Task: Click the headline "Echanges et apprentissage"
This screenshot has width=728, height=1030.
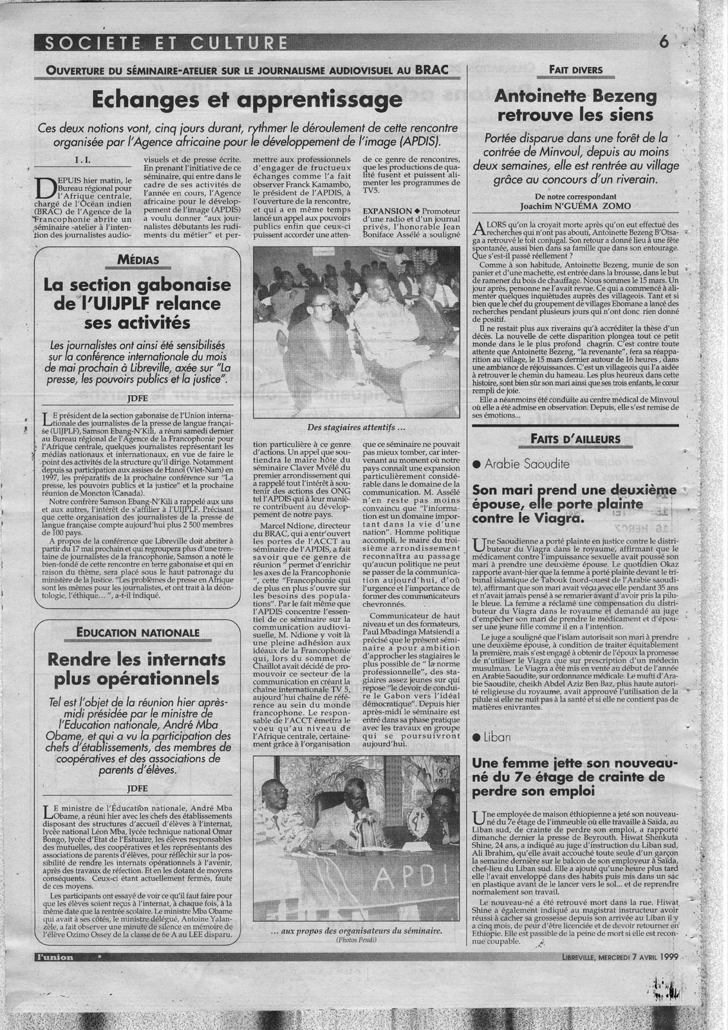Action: point(247,100)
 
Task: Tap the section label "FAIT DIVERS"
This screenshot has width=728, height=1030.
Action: point(575,70)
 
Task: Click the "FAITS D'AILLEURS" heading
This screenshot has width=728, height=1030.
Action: point(575,439)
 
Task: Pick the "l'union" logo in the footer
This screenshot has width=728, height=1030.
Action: point(55,957)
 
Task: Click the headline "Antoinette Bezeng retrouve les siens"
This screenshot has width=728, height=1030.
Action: point(575,106)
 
